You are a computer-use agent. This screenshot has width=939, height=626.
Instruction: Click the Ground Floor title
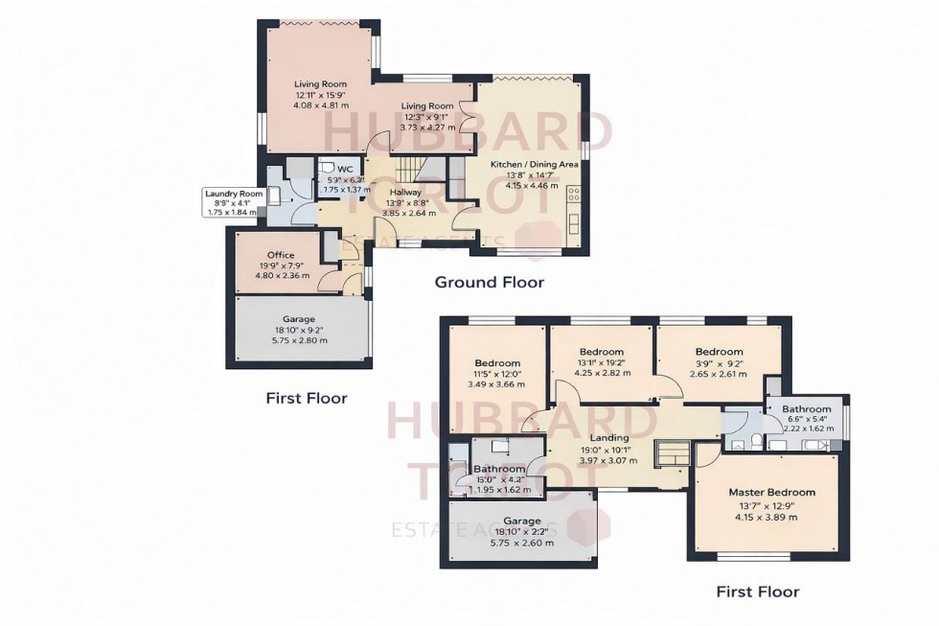489,282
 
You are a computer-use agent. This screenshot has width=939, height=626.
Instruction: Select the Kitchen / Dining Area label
534,164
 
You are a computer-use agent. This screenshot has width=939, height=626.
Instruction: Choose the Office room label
281,255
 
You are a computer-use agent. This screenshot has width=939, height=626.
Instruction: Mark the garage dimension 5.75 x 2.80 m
298,340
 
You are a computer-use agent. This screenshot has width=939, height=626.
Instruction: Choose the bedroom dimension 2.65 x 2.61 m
719,374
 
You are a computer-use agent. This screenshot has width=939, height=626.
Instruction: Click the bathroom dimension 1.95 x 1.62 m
500,490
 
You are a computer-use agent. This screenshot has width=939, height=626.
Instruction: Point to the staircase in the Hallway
409,172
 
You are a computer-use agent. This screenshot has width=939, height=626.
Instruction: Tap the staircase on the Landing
671,452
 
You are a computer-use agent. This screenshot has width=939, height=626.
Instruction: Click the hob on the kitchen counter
575,197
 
